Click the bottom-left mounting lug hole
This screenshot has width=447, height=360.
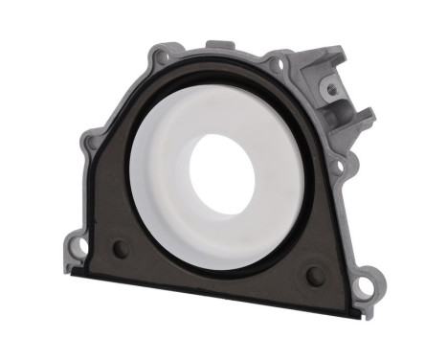pyautogui.click(x=80, y=247)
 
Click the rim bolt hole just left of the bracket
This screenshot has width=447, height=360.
pyautogui.click(x=279, y=67)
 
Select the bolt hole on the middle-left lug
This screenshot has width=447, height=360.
pyautogui.click(x=92, y=146)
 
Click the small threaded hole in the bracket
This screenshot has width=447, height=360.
pyautogui.click(x=332, y=89)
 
